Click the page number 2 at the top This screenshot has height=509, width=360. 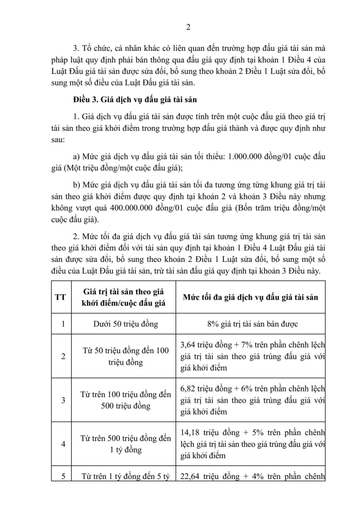[189, 27]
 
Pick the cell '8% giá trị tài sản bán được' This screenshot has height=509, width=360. [250, 323]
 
